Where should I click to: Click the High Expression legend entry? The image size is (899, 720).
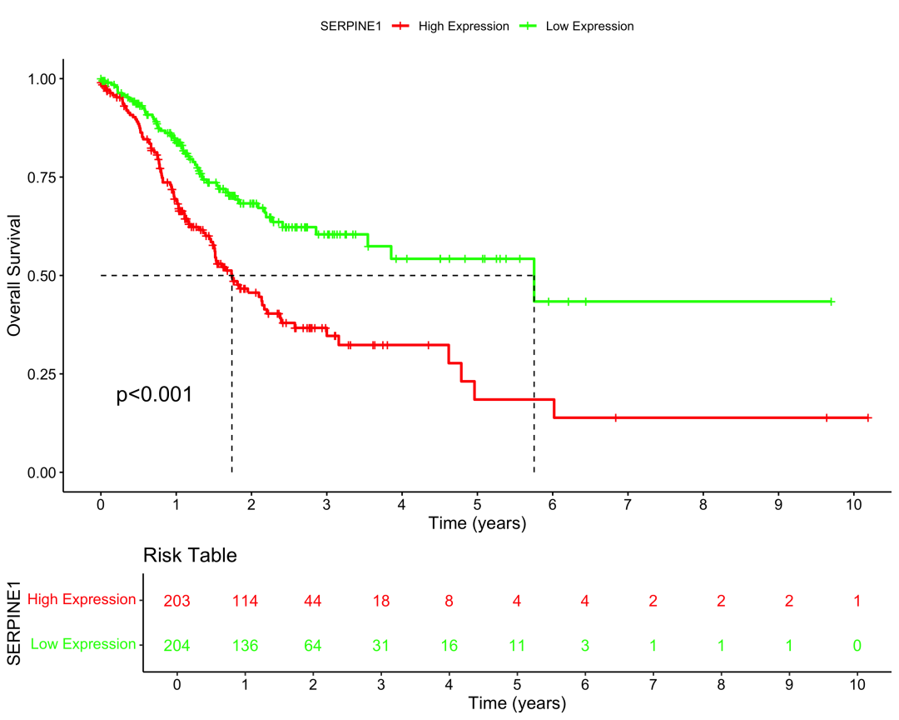click(x=463, y=26)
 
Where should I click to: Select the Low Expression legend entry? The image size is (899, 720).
click(x=589, y=26)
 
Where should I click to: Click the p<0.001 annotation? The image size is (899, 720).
click(x=155, y=395)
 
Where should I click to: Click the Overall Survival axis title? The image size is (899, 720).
click(x=14, y=275)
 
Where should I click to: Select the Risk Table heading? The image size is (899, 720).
click(x=190, y=555)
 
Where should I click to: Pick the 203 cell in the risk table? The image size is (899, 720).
click(x=177, y=600)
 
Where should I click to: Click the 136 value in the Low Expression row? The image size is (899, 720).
click(x=245, y=645)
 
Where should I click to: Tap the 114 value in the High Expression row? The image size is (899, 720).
click(x=245, y=600)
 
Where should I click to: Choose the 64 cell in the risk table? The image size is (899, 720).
click(x=313, y=645)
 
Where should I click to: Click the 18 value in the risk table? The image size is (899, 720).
click(x=381, y=600)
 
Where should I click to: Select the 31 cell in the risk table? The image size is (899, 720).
click(x=381, y=645)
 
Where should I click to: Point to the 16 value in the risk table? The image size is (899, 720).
click(x=449, y=645)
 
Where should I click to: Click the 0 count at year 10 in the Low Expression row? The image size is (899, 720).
click(x=857, y=645)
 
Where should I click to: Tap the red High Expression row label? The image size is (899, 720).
click(x=82, y=599)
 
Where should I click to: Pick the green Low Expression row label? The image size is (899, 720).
click(x=83, y=644)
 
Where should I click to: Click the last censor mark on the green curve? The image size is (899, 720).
click(x=832, y=302)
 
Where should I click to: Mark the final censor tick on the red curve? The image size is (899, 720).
click(x=868, y=417)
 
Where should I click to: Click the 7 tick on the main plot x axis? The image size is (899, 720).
click(x=628, y=505)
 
